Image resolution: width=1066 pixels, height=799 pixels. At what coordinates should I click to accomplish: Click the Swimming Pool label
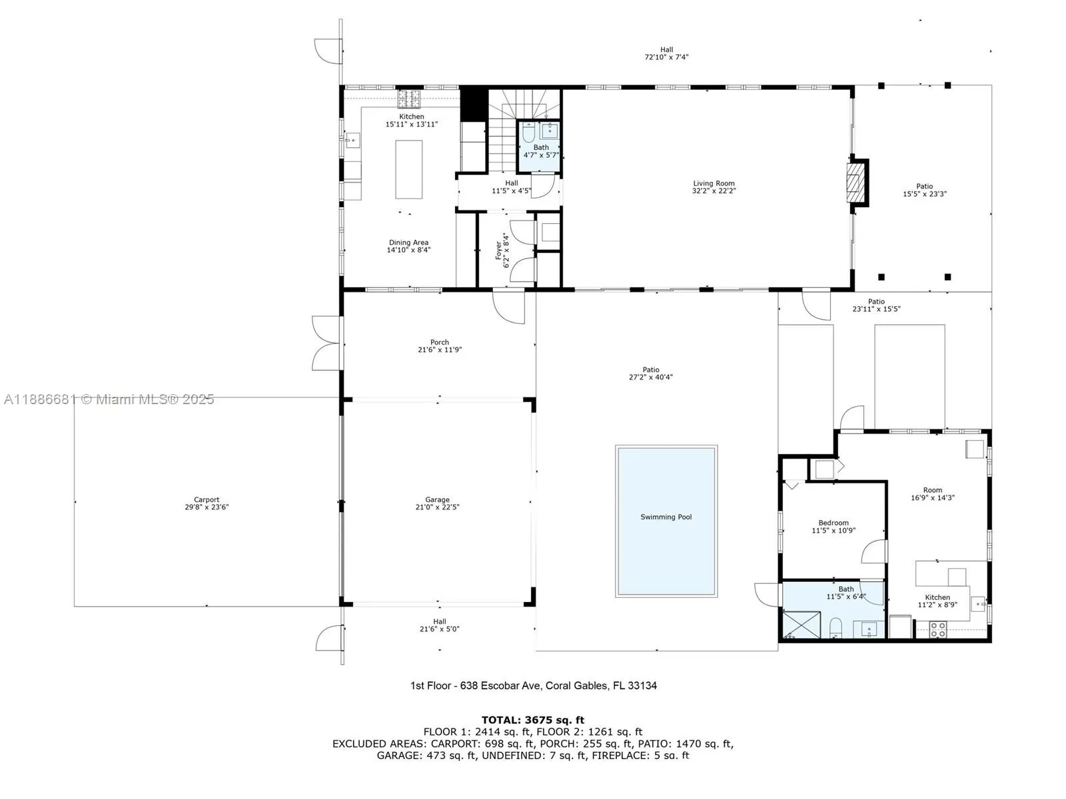[x=666, y=517]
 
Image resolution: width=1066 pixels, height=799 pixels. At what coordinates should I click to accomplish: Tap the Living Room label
[x=714, y=183]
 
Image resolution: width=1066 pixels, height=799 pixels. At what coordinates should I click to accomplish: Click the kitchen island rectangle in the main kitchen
[x=408, y=169]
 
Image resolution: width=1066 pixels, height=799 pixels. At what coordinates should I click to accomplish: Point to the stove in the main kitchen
[x=410, y=99]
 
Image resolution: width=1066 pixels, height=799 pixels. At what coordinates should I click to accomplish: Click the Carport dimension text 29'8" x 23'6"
[x=207, y=507]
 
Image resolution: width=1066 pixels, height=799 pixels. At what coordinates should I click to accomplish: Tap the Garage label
[x=437, y=499]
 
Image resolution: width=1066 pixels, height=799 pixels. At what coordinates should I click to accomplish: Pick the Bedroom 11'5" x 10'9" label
[x=833, y=523]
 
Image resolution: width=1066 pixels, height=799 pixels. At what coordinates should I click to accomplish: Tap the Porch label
[x=439, y=342]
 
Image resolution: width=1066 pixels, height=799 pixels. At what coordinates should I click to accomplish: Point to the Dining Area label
[x=408, y=242]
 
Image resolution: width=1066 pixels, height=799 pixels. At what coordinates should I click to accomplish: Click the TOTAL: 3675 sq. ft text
[x=532, y=720]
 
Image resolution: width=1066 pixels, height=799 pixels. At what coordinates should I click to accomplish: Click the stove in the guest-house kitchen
[x=938, y=629]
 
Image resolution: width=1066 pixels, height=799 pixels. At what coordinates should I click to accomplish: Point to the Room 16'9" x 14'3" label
[x=932, y=490]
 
